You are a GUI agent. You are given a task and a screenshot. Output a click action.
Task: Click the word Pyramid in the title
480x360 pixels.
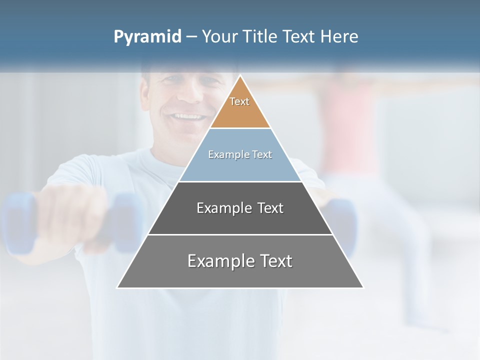147,37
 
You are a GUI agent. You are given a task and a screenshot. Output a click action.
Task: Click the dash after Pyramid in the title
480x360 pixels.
191,37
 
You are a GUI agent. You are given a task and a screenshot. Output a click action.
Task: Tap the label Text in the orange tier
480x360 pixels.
239,101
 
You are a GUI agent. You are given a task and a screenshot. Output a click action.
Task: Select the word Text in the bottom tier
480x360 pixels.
273,261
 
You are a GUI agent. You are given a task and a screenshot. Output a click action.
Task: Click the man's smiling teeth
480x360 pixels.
188,117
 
